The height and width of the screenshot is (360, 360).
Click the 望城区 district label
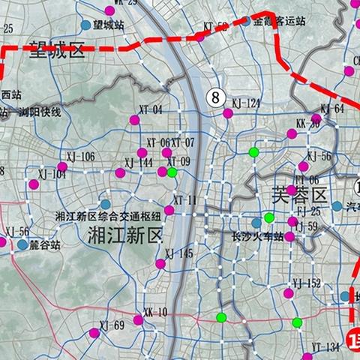(57, 52)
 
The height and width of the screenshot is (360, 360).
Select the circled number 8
(216, 97)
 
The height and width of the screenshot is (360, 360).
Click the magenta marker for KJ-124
(228, 113)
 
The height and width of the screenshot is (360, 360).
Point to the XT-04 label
(146, 109)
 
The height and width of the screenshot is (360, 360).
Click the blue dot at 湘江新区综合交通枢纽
(106, 204)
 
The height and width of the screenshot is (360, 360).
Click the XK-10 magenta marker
(138, 320)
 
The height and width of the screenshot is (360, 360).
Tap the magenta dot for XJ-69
(94, 332)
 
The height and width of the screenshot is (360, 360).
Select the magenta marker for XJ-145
(160, 264)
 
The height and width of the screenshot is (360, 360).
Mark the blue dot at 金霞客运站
(245, 21)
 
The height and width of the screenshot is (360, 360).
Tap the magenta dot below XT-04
(134, 120)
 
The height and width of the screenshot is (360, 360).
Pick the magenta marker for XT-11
(169, 211)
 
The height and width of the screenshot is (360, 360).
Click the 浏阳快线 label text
(42, 112)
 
